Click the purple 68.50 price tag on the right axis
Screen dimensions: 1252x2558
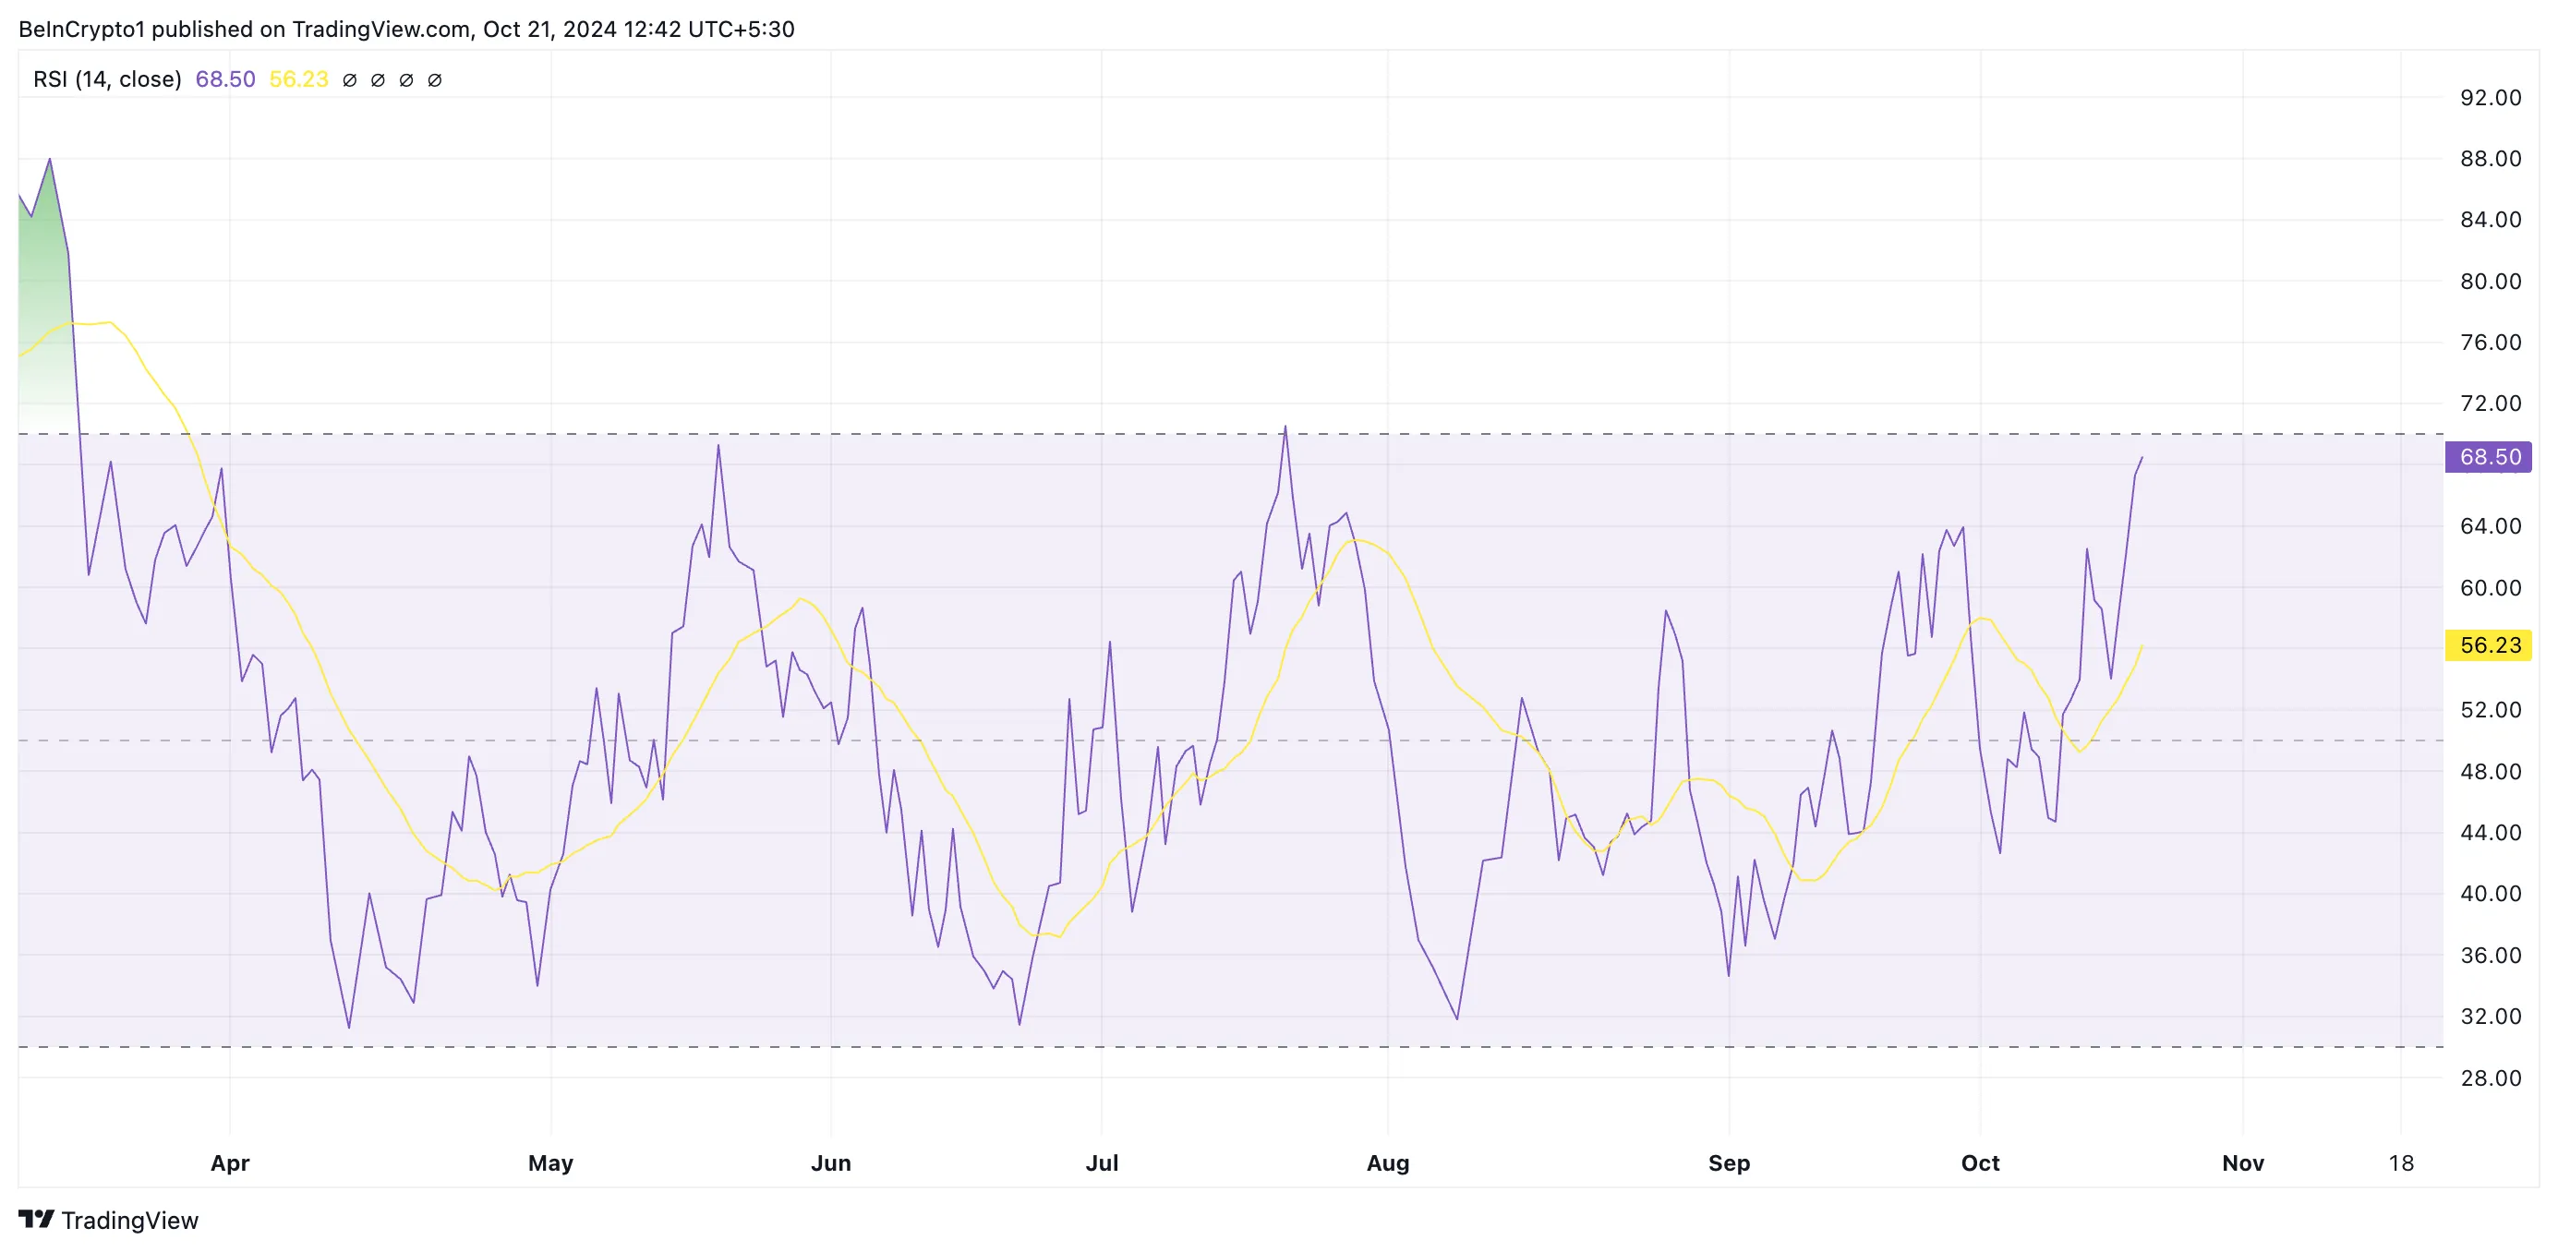[2489, 457]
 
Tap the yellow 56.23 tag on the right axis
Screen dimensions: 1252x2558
[2489, 645]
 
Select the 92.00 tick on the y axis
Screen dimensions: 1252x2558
[2490, 97]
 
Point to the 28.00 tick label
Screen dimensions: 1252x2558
[2490, 1077]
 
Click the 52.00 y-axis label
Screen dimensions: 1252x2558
[2490, 710]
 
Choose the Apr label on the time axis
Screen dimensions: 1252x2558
[229, 1162]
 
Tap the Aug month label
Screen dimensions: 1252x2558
[1387, 1162]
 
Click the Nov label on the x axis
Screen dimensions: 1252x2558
[2242, 1162]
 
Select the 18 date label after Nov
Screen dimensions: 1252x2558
[2400, 1162]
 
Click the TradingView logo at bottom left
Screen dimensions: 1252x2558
[108, 1221]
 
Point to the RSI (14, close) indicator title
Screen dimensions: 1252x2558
[107, 79]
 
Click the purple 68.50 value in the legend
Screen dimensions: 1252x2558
[224, 79]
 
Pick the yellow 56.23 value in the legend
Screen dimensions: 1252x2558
[298, 79]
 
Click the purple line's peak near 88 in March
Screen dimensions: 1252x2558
[50, 159]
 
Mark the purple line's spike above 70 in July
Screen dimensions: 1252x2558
[1285, 427]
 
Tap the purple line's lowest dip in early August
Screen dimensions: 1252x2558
[1456, 1018]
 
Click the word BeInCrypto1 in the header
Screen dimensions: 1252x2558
[81, 29]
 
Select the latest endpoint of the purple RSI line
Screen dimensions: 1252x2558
[2142, 458]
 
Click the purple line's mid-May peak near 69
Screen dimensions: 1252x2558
[718, 445]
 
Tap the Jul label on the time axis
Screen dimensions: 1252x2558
[1102, 1162]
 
